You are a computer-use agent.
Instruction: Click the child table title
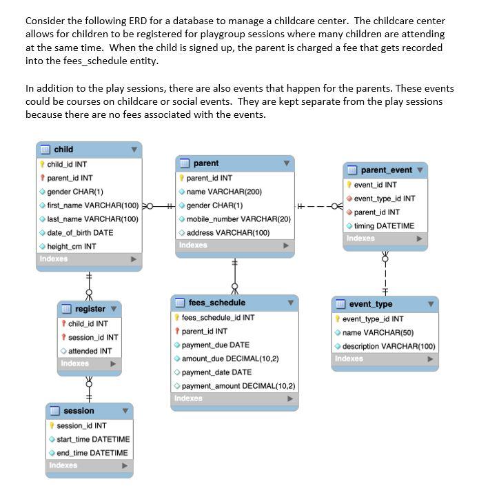(63, 149)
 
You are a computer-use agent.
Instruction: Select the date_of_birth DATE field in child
(80, 232)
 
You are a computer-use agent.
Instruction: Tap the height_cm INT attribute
(71, 246)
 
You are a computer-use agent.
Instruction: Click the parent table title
(205, 163)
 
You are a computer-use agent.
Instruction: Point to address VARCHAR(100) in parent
(227, 233)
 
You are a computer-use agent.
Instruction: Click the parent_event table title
(386, 170)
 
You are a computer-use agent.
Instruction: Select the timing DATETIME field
(385, 225)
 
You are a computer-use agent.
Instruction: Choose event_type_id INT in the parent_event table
(385, 199)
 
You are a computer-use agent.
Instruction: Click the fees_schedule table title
(216, 303)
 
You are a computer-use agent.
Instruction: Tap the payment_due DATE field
(215, 345)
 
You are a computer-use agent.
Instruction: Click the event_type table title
(370, 304)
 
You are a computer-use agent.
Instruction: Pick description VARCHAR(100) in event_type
(389, 346)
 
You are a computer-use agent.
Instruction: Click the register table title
(90, 309)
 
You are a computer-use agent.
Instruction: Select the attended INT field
(90, 351)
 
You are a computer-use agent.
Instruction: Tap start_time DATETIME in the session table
(93, 439)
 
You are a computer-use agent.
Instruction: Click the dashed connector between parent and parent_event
(318, 205)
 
